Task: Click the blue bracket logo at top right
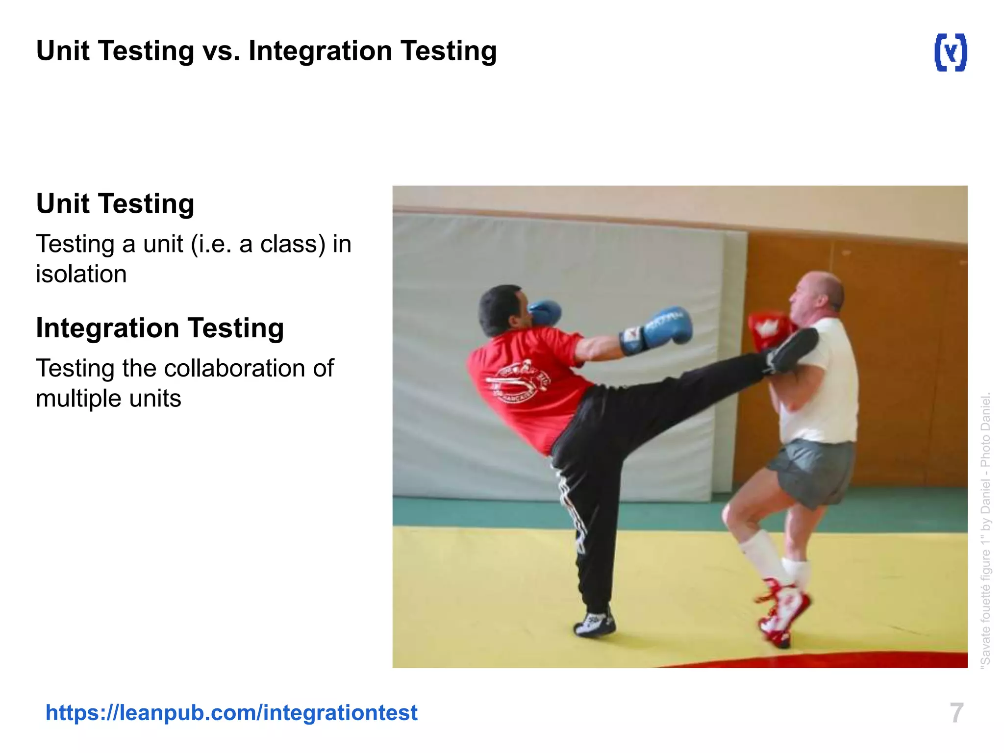coord(951,52)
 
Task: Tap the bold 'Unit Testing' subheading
coord(115,203)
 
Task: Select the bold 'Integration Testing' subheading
coord(160,327)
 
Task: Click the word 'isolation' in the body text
coord(81,274)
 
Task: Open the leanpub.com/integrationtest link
coord(231,712)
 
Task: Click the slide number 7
coord(956,713)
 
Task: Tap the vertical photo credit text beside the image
coord(985,529)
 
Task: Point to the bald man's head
coord(816,297)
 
